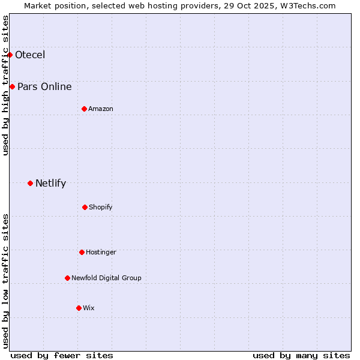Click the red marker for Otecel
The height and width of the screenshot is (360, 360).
[10, 55]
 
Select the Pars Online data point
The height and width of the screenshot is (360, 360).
[12, 87]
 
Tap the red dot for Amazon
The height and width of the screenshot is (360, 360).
[84, 109]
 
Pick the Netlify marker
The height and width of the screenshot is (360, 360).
[30, 183]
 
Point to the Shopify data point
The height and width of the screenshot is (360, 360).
[85, 207]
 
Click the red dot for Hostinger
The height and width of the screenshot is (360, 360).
[82, 252]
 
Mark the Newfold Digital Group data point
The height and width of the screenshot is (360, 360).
[67, 278]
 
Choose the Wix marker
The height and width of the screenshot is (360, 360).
[79, 308]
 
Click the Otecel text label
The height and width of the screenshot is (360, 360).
[30, 55]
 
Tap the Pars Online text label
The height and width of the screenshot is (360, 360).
[44, 87]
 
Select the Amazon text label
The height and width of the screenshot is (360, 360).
[101, 109]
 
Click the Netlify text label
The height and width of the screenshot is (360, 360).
[50, 184]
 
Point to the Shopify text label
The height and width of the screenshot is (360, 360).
[101, 208]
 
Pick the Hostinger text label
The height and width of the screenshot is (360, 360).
[101, 253]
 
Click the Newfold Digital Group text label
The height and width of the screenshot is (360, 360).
[106, 278]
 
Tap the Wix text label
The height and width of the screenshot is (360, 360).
[89, 308]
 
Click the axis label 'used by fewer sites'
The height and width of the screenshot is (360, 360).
[62, 355]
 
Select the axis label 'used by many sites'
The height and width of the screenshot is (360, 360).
[301, 355]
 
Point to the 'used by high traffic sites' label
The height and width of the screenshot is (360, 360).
[5, 85]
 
